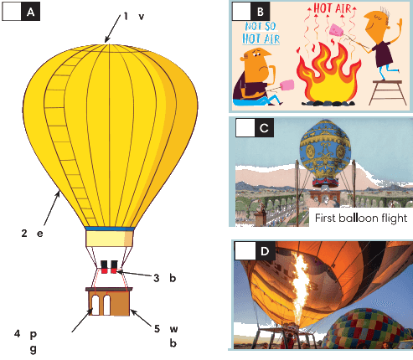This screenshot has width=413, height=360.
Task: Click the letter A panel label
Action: click(x=30, y=12)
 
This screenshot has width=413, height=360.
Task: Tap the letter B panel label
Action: click(x=261, y=12)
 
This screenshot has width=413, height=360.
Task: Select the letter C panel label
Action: click(x=264, y=128)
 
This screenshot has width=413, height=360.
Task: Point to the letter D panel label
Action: click(x=265, y=251)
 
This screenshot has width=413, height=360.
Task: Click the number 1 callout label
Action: click(x=126, y=16)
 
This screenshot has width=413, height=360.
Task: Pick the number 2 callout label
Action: click(x=24, y=233)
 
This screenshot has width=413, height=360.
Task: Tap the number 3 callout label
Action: click(x=157, y=278)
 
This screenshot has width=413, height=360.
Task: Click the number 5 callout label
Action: click(x=157, y=329)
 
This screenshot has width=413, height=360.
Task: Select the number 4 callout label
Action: click(x=17, y=333)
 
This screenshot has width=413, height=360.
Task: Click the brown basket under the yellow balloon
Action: click(x=109, y=301)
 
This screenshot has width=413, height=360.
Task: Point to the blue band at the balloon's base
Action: click(x=110, y=229)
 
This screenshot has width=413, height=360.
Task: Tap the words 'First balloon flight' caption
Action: click(x=361, y=218)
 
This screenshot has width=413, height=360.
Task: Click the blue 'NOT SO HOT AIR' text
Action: click(x=261, y=33)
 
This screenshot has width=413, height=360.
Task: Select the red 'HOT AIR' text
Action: click(x=333, y=8)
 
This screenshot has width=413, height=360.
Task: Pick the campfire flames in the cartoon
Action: click(x=328, y=74)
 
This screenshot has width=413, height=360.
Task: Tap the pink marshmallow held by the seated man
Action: click(x=287, y=85)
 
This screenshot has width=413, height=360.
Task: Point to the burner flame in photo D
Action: click(x=301, y=287)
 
